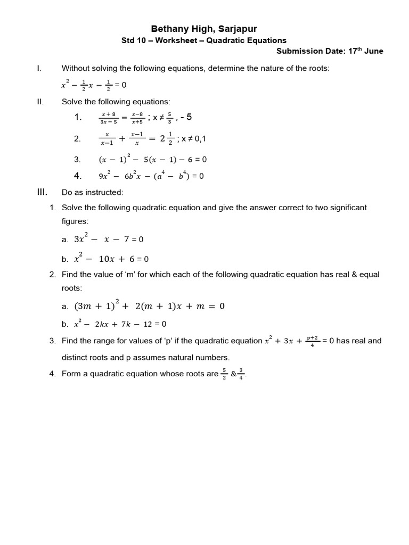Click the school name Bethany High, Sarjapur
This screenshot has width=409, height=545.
pos(204,29)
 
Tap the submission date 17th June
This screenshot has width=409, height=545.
pos(365,52)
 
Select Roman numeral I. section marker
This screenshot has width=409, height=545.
pos(39,68)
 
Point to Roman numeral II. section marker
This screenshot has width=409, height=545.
pos(40,101)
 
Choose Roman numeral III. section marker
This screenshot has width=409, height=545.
pos(43,192)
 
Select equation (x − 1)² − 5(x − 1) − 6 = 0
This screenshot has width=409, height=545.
pos(152,159)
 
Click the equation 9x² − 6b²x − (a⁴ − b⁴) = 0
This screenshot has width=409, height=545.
pos(151,176)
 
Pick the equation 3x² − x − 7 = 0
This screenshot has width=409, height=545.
pos(109,239)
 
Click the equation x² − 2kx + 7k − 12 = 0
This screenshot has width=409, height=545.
pos(120,324)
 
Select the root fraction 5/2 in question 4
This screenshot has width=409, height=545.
pos(225,374)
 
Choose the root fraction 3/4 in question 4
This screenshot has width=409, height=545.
pos(241,374)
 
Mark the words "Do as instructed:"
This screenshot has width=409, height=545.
pos(92,192)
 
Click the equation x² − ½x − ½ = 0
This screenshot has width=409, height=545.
pos(94,85)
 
